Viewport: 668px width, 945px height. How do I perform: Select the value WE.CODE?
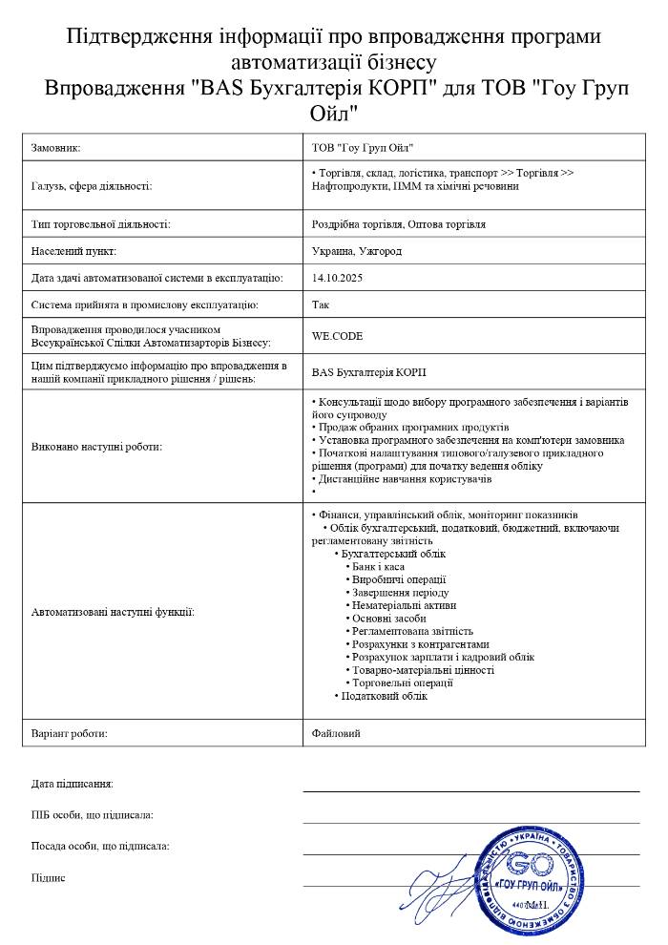(x=337, y=336)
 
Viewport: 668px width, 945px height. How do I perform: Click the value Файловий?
(x=336, y=733)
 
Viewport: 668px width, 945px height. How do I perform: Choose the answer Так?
(x=320, y=305)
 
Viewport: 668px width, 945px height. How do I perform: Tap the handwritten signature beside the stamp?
(x=444, y=883)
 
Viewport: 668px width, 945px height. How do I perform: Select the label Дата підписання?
(x=72, y=784)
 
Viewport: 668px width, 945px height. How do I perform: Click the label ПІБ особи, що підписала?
(x=92, y=815)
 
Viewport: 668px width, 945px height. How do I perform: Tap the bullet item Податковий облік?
(x=384, y=696)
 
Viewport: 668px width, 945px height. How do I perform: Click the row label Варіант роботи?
(x=69, y=733)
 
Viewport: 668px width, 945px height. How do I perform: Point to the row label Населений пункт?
(x=73, y=251)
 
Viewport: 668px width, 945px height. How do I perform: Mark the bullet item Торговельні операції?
(x=402, y=682)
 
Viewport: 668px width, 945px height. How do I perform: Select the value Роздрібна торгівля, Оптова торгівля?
(x=398, y=224)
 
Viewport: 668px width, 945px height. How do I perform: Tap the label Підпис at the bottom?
(x=48, y=877)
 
